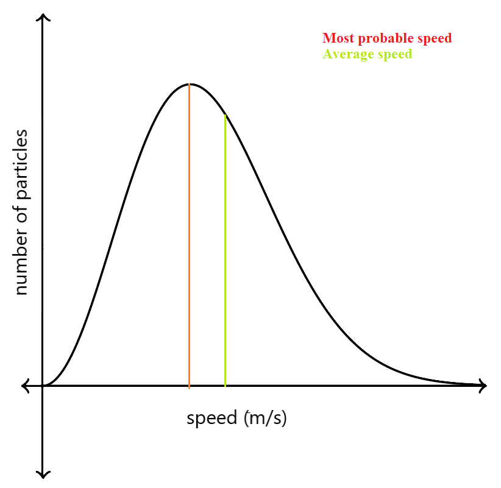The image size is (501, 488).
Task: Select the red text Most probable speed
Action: click(387, 38)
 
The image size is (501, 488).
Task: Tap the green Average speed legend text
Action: click(368, 54)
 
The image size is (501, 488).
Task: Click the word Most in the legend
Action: click(339, 38)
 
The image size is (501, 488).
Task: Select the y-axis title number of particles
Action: click(21, 212)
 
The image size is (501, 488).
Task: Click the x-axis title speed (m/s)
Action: click(236, 419)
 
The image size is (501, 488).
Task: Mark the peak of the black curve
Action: click(190, 83)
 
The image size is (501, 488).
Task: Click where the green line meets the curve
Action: click(226, 115)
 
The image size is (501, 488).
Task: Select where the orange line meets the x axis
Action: click(190, 385)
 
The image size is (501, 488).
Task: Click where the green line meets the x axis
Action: click(226, 385)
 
